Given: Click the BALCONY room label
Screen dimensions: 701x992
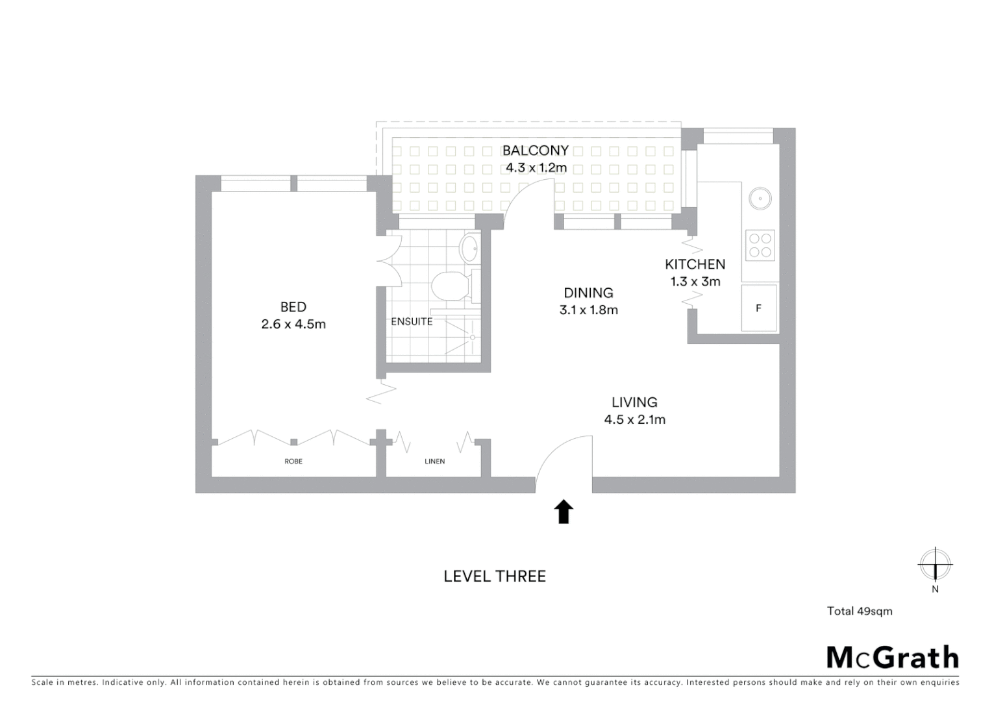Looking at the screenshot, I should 535,151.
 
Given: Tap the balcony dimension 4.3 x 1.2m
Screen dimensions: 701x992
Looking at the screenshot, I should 536,168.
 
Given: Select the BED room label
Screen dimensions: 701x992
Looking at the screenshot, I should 293,307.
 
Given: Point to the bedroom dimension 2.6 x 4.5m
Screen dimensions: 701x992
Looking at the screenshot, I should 293,324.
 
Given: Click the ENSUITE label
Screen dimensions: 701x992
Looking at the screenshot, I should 412,321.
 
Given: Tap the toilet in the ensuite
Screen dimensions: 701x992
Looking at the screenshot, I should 450,286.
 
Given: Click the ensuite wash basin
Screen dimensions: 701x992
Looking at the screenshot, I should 469,248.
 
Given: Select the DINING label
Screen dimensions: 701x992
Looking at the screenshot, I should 588,293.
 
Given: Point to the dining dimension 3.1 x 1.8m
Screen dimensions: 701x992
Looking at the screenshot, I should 588,310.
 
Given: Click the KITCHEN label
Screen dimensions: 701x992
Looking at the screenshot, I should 695,264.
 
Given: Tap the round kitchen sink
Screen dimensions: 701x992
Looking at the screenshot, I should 760,198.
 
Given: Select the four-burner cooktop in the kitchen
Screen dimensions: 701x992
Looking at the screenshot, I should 760,245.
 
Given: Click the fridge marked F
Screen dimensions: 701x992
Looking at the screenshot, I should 759,308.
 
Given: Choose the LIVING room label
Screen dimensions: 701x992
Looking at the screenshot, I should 634,402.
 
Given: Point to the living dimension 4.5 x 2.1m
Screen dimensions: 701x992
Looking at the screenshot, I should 634,420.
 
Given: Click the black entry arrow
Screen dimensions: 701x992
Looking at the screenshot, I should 564,511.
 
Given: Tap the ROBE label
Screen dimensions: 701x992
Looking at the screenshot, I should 293,461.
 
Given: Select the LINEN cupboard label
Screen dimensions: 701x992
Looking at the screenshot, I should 434,461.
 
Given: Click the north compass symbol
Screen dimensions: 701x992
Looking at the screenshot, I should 935,565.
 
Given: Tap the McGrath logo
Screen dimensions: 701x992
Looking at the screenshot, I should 892,658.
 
